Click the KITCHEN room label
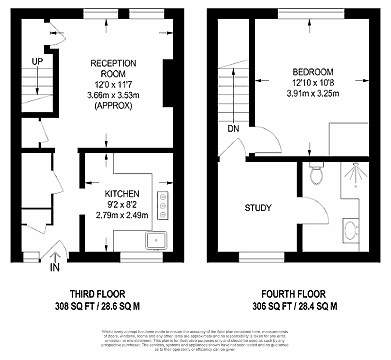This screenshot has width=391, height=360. (x=122, y=194)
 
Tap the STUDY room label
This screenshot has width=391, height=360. (x=258, y=208)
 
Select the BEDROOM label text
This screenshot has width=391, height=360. (x=313, y=72)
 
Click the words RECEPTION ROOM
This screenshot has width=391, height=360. (x=113, y=68)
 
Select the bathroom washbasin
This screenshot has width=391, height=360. (x=351, y=230)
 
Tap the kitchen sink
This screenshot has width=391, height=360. (x=156, y=240)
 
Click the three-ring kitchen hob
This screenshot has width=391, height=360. (x=163, y=205)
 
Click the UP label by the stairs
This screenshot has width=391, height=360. (x=37, y=61)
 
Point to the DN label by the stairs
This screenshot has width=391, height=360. (x=233, y=129)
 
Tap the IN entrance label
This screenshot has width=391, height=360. (x=55, y=268)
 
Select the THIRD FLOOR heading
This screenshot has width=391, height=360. (x=97, y=294)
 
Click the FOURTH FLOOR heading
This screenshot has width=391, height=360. (x=293, y=294)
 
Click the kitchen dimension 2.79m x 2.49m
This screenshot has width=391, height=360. (x=122, y=215)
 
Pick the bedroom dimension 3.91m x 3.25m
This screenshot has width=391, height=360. (x=313, y=94)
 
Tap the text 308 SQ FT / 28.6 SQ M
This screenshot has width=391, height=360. (x=97, y=306)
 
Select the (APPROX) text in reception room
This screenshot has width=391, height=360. (x=113, y=106)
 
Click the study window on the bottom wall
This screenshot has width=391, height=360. (x=262, y=257)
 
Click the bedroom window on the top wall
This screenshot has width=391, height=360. (x=311, y=14)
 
